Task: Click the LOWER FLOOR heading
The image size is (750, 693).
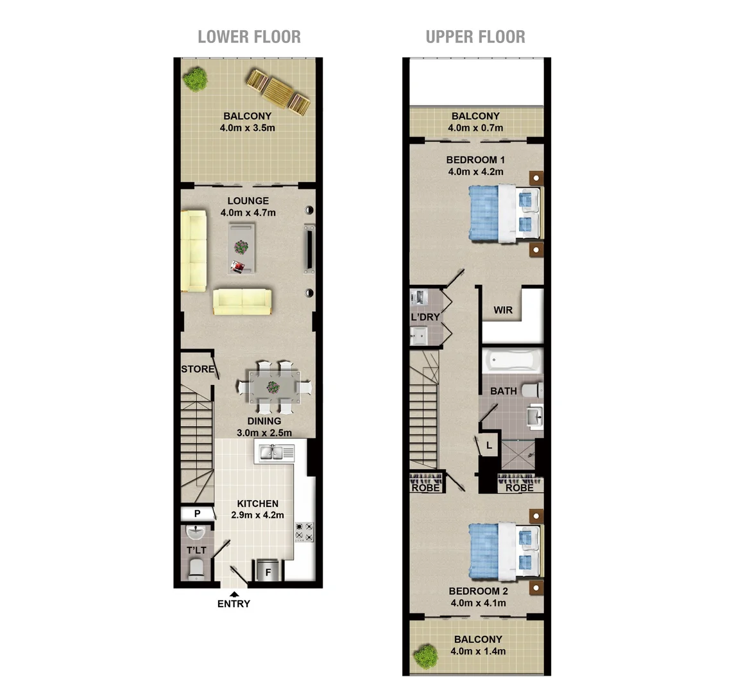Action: point(249,37)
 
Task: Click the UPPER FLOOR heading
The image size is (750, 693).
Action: point(475,37)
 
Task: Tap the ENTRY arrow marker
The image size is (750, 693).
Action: point(234,594)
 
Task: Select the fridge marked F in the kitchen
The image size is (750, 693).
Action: point(268,570)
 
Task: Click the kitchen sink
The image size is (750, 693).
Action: point(276,453)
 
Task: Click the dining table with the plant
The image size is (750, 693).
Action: point(273,387)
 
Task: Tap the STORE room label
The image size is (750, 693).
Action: point(197,369)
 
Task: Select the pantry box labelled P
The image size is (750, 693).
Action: point(198,513)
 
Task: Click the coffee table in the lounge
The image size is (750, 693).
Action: point(241,248)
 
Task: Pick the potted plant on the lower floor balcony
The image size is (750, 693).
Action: point(195,79)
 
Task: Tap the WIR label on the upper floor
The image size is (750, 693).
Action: point(503,310)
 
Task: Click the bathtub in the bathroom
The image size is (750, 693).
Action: point(513,361)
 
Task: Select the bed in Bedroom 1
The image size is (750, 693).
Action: point(504,214)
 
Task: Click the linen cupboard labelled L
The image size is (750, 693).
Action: point(489,445)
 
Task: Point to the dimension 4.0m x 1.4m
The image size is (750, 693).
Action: point(478,651)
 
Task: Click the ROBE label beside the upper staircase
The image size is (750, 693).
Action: point(426,488)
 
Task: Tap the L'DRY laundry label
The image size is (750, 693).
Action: point(425,317)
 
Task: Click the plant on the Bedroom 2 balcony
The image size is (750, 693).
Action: point(425,656)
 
